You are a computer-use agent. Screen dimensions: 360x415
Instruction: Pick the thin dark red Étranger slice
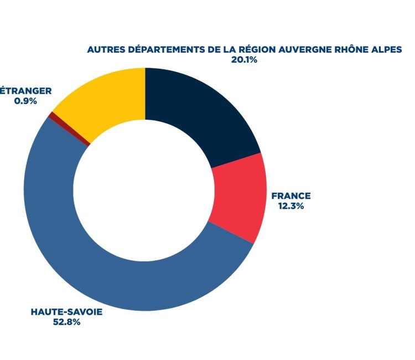click(51, 115)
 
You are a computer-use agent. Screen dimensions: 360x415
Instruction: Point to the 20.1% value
click(243, 59)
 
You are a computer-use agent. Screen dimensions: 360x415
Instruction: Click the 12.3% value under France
click(290, 205)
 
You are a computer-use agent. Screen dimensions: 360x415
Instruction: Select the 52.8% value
click(67, 322)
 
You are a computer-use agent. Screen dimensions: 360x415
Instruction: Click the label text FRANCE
click(290, 196)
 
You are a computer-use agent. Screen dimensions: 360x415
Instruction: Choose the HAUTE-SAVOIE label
click(67, 312)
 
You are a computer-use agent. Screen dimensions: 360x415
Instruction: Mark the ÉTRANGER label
click(26, 91)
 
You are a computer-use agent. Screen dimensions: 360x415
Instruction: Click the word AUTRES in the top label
click(106, 49)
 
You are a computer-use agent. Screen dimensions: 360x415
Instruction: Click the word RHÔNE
click(350, 49)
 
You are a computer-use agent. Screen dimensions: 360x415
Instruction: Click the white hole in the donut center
click(145, 188)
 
